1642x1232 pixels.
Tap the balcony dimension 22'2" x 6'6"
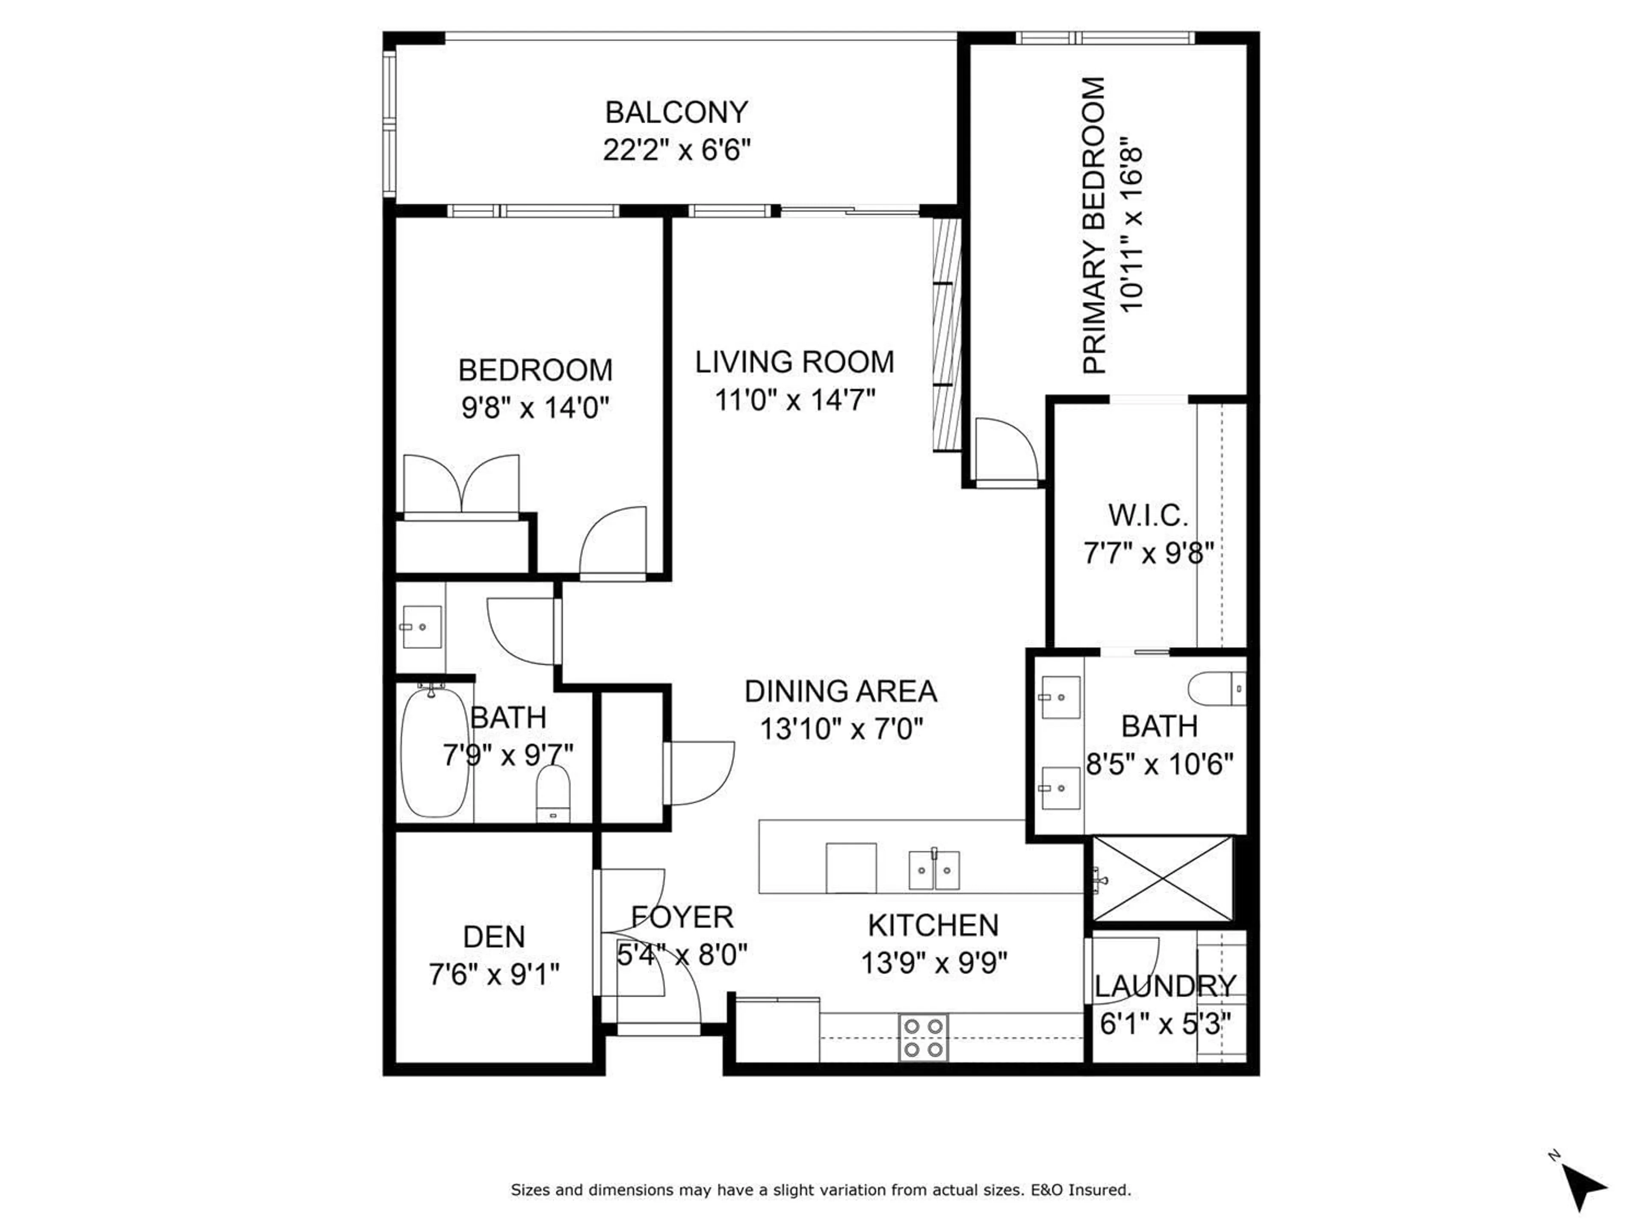click(676, 151)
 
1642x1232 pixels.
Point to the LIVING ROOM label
click(794, 362)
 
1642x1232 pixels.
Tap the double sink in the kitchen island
click(934, 871)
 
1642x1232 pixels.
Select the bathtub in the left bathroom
click(434, 752)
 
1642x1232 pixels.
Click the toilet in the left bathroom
click(553, 793)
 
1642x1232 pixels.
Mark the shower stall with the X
click(1163, 880)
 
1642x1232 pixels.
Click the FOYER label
click(682, 917)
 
